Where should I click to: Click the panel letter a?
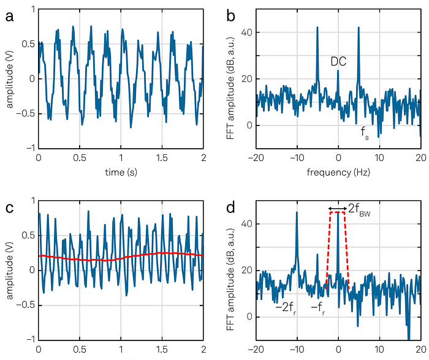9,17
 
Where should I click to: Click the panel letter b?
231,16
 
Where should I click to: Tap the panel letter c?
9,208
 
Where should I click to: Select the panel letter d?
231,208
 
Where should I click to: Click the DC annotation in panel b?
338,61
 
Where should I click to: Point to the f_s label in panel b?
365,133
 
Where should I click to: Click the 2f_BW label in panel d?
359,209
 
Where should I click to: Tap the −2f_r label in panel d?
286,309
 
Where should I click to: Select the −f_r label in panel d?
318,309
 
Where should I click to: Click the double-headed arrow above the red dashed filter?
338,209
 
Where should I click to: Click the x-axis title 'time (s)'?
121,172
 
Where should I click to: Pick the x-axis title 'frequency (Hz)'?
338,172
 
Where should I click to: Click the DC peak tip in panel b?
338,70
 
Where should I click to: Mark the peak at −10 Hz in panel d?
297,212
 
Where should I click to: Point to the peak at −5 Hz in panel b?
317,27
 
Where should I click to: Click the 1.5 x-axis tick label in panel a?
162,158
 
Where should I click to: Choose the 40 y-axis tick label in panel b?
246,32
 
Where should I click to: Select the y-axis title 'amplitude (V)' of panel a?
10,86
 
